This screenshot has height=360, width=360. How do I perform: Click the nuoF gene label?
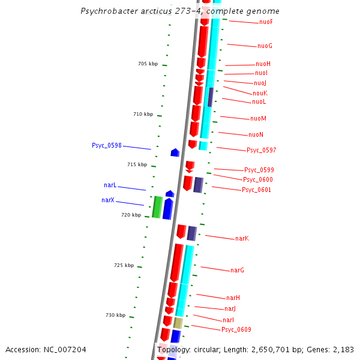tap(266, 22)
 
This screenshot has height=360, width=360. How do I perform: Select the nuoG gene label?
tap(265, 46)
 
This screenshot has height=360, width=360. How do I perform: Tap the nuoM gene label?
tap(258, 119)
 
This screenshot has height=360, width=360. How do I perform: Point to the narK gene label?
tap(242, 239)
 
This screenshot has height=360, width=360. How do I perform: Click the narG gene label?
tap(237, 271)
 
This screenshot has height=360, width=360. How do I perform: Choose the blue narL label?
tap(110, 186)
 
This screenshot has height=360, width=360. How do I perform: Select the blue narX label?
tap(108, 200)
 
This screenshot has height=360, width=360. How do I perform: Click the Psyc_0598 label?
tap(107, 146)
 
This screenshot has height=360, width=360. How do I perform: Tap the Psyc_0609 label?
tap(236, 330)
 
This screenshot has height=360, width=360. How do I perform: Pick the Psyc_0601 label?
tap(256, 190)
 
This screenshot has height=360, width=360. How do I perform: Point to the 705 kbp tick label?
tap(148, 64)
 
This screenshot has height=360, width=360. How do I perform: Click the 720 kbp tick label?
tap(131, 215)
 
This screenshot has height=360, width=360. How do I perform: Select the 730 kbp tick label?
tap(116, 315)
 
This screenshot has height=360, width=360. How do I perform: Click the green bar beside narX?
tap(157, 207)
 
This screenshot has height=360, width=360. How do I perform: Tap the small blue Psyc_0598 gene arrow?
tap(175, 152)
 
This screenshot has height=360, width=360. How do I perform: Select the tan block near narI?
tap(178, 323)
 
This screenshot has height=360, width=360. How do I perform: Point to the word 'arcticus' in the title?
tap(141, 11)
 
